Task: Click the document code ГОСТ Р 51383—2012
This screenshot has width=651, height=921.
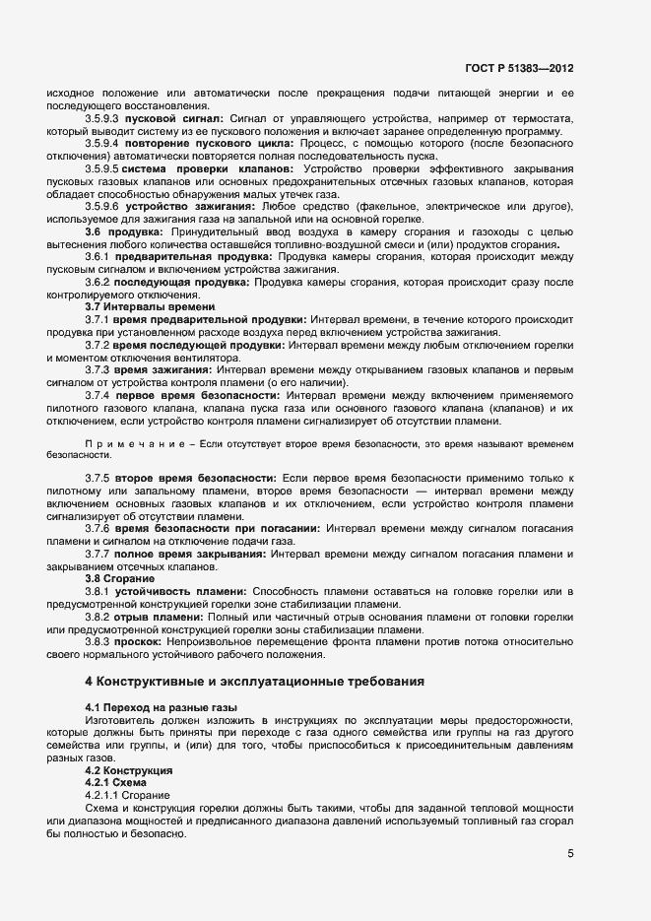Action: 519,70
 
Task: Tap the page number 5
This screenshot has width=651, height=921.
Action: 570,853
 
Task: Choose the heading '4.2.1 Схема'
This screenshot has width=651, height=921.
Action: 116,782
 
